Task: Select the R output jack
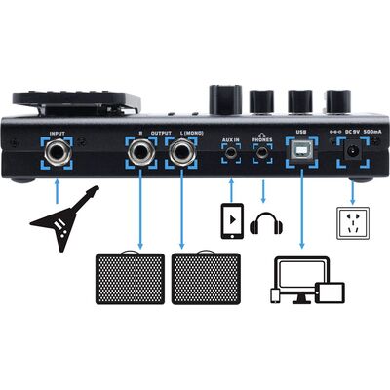pos(141,153)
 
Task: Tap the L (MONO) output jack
pos(181,153)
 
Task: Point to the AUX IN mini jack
pos(231,152)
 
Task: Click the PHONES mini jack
pos(263,152)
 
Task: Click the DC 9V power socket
pos(352,151)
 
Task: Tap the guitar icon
pos(63,218)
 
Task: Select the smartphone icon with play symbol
pos(232,221)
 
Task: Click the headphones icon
pos(266,223)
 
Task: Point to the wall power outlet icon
pos(352,223)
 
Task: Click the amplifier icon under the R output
pos(130,278)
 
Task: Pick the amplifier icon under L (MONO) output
pos(206,278)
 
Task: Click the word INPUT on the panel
pos(58,134)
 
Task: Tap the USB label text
pos(301,132)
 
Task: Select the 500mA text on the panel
pos(372,132)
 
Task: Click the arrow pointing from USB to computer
pos(302,209)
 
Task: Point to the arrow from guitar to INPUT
pos(58,191)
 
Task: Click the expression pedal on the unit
pos(77,103)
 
